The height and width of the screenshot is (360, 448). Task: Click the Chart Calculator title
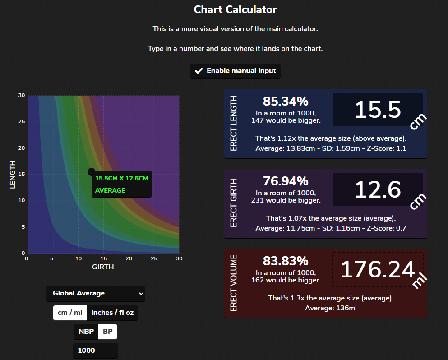click(x=235, y=9)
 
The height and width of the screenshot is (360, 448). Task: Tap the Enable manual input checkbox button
click(x=235, y=71)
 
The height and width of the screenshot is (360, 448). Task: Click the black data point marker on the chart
click(x=92, y=172)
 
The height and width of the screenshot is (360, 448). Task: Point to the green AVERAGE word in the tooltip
click(x=110, y=190)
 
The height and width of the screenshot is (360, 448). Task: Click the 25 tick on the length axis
click(x=21, y=122)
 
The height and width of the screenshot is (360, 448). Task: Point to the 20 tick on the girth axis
click(x=129, y=258)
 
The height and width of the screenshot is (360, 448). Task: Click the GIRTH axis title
click(x=103, y=267)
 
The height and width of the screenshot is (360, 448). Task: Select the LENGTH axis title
click(x=13, y=175)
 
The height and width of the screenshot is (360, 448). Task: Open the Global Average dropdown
click(x=95, y=293)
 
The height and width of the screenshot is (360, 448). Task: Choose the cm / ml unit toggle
click(x=69, y=313)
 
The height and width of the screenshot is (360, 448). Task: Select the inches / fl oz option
click(x=112, y=313)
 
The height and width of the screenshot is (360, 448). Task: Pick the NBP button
click(x=86, y=332)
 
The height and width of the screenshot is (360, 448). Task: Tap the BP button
click(x=108, y=332)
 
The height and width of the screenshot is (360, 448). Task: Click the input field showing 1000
click(x=95, y=351)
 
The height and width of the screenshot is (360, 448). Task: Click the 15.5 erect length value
click(x=378, y=110)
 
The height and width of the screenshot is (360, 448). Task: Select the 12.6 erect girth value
click(x=378, y=189)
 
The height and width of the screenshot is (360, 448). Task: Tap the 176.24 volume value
click(x=378, y=269)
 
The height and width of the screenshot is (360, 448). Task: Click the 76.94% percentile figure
click(x=286, y=181)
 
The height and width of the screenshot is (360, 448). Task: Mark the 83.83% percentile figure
click(x=286, y=261)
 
